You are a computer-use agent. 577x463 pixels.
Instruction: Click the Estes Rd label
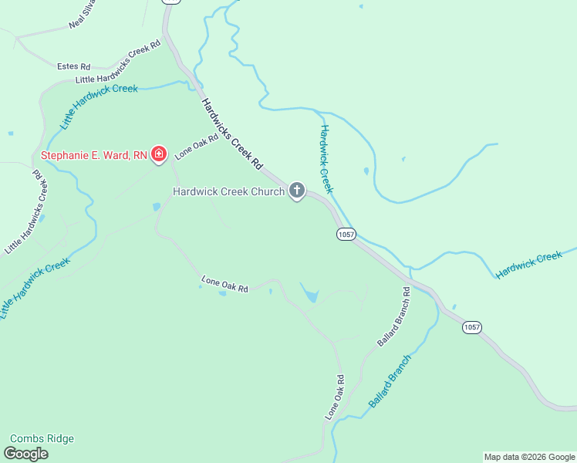pos(74,66)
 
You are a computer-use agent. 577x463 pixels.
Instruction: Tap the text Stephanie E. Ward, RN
pos(93,154)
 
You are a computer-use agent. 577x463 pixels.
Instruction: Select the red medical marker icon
pos(158,154)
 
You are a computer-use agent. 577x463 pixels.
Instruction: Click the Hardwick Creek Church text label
pos(229,191)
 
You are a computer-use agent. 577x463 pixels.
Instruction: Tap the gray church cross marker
pos(297,191)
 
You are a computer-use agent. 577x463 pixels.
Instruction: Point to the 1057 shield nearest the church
pos(345,234)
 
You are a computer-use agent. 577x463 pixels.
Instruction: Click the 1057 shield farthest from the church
pos(472,327)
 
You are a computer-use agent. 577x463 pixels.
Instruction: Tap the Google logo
pos(26,454)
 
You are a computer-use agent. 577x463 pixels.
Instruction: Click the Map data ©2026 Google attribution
pos(529,457)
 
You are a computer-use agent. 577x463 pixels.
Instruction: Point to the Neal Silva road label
pos(84,16)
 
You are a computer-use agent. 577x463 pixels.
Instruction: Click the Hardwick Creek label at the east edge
pos(529,264)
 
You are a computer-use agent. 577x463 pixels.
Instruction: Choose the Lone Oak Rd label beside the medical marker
pos(191,146)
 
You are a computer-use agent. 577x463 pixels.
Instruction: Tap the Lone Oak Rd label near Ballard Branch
pos(334,397)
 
